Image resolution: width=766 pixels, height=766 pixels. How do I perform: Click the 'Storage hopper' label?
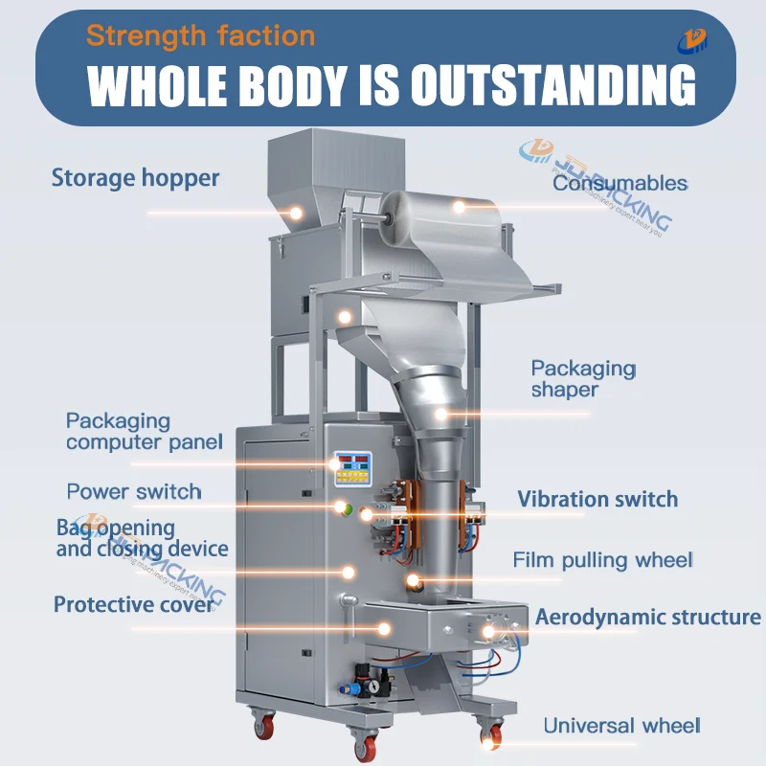135,178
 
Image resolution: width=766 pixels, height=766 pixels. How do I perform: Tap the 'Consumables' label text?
620,183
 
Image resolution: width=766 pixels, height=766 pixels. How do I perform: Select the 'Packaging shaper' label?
584,379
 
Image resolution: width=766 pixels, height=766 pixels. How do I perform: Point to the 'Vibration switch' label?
597,499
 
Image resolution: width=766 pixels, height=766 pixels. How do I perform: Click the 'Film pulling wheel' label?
603,560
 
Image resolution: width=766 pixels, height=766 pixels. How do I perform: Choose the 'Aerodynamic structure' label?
648,617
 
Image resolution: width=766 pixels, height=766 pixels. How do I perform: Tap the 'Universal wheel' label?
621,726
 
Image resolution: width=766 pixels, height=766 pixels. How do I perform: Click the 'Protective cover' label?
134,605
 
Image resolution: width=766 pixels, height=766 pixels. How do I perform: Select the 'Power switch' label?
134,491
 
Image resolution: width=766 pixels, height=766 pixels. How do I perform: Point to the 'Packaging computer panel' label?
145,432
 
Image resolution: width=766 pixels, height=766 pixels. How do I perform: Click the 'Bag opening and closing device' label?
142,538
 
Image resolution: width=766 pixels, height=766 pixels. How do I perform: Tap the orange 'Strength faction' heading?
201,36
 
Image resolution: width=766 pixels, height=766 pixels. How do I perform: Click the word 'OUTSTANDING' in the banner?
553,85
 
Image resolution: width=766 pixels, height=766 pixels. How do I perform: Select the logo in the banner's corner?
691,41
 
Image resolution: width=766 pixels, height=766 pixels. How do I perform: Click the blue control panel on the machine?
352,469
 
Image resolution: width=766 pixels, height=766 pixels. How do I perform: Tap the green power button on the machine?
348,509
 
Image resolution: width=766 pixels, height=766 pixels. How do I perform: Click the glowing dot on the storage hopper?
296,213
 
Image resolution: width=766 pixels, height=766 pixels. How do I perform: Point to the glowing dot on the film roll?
459,207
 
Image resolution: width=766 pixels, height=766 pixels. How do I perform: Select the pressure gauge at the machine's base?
373,687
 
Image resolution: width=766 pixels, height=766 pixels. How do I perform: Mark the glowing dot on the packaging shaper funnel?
441,415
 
